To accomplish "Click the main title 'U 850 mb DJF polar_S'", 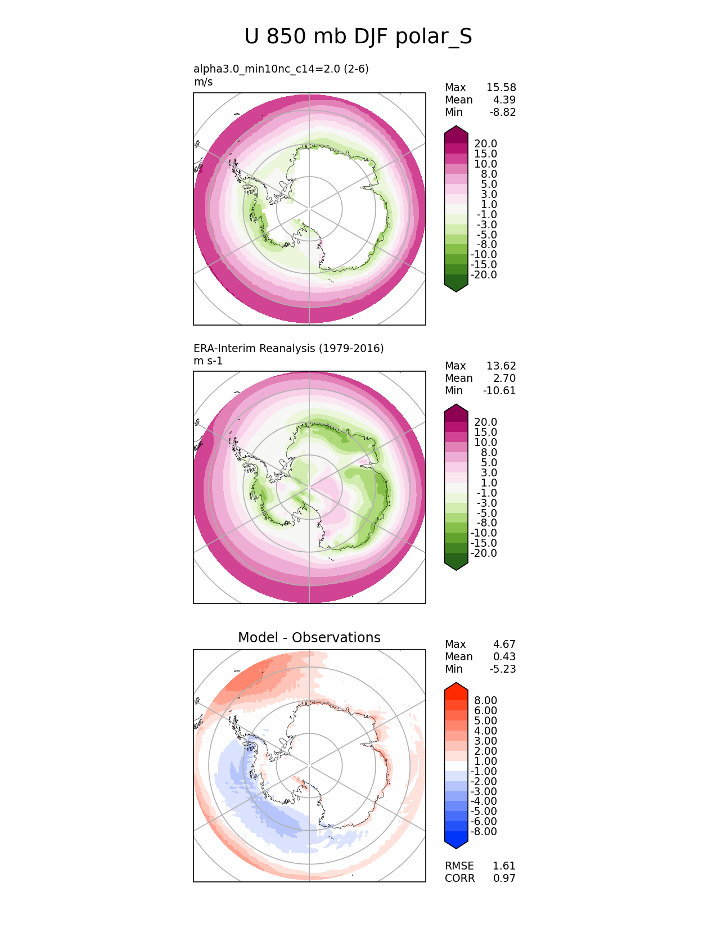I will point(358,37).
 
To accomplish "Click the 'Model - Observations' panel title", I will point(309,637).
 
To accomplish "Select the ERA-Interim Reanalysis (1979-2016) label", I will point(288,348).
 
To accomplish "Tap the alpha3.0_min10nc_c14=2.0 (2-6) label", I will point(281,69).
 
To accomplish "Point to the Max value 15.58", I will point(501,88).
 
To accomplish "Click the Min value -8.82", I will point(503,112).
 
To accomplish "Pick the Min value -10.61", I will point(499,391).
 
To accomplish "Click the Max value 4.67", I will point(504,645).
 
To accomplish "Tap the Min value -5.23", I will point(503,669).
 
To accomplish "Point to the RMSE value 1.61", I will point(504,866).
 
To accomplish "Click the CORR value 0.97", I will point(504,879).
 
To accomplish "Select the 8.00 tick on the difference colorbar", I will point(486,701).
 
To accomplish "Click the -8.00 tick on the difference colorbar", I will point(484,832).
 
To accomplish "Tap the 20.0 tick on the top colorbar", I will point(486,144).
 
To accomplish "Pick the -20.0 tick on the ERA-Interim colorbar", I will point(484,553).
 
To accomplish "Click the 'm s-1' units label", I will point(208,361).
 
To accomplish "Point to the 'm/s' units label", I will point(203,82).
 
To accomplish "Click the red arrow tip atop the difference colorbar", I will point(456,687).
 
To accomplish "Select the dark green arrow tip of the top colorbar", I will point(456,286).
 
